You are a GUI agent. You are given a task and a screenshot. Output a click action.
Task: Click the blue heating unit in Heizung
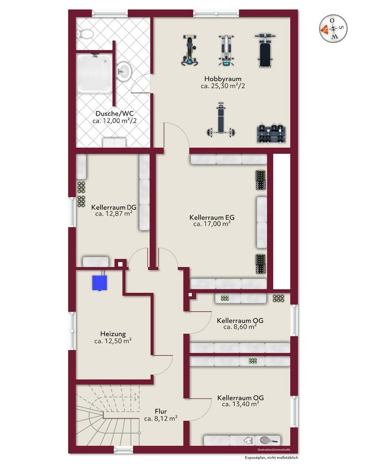click(x=99, y=283)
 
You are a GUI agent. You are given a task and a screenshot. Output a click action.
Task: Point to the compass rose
click(x=333, y=29)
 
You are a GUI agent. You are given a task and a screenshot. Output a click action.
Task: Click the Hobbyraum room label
click(x=223, y=79)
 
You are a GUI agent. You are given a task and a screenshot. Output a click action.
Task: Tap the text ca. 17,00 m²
click(x=212, y=224)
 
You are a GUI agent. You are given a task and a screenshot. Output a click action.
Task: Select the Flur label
click(x=161, y=411)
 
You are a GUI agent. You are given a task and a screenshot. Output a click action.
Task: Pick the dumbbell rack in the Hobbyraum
click(x=271, y=134)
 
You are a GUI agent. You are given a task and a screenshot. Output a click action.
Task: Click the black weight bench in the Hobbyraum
click(x=265, y=51)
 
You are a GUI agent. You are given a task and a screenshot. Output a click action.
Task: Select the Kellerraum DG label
click(x=114, y=208)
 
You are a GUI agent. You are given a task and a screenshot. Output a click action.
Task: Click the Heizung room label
click(x=113, y=334)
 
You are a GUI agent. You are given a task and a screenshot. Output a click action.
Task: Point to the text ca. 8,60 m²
click(x=240, y=327)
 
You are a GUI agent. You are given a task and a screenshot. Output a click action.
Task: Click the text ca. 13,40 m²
click(x=241, y=404)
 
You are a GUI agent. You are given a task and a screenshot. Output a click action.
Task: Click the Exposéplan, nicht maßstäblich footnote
click(x=271, y=458)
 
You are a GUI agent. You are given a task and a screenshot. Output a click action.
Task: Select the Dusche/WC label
click(x=115, y=113)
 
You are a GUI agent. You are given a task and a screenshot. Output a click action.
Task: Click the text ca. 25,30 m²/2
click(x=223, y=86)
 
